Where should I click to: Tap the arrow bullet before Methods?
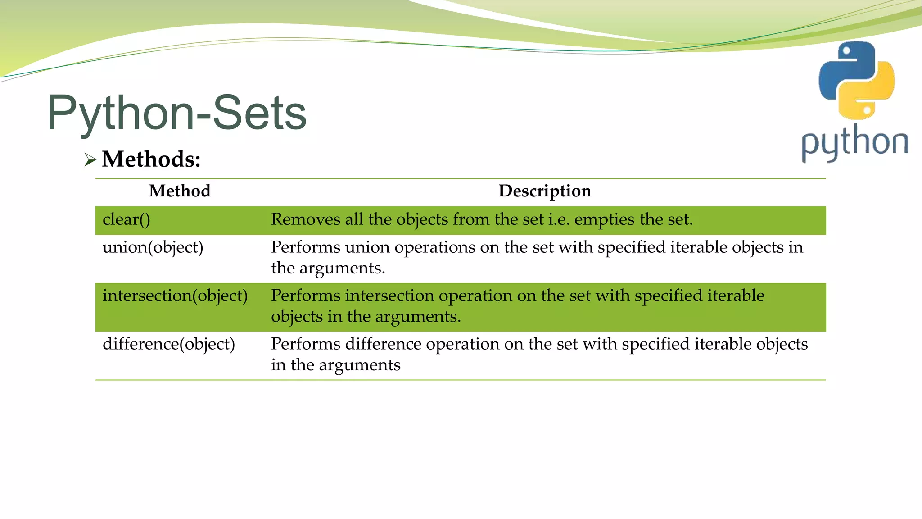[x=90, y=160]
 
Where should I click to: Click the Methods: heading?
[x=151, y=159]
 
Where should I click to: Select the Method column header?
[x=180, y=191]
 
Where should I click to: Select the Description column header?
[x=545, y=191]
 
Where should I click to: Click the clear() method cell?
[x=127, y=220]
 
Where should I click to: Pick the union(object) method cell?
[x=153, y=247]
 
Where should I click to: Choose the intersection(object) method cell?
[x=175, y=296]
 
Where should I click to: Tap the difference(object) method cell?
[x=169, y=344]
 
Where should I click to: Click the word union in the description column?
[x=365, y=247]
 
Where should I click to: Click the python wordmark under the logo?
[x=854, y=143]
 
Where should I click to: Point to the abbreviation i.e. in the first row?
[x=559, y=220]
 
